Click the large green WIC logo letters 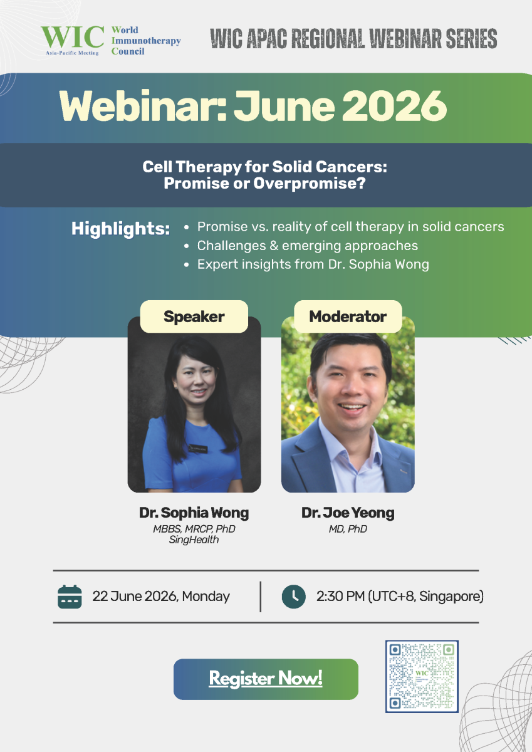click(x=73, y=37)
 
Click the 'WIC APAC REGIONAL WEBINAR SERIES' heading click(x=353, y=39)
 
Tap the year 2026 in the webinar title click(x=394, y=106)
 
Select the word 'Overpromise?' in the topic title click(x=309, y=183)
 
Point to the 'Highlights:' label click(x=120, y=229)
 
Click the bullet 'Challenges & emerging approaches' click(x=308, y=246)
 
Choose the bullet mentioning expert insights click(x=313, y=264)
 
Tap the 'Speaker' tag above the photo click(x=194, y=316)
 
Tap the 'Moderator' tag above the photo click(x=348, y=316)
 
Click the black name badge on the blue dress click(x=197, y=448)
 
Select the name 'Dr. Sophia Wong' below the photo click(x=194, y=513)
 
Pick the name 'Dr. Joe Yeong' click(x=348, y=513)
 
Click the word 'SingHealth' click(x=194, y=540)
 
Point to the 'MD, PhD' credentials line click(x=348, y=529)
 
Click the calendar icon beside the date click(x=70, y=597)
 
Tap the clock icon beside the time click(x=294, y=597)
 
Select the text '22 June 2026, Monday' click(x=161, y=597)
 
